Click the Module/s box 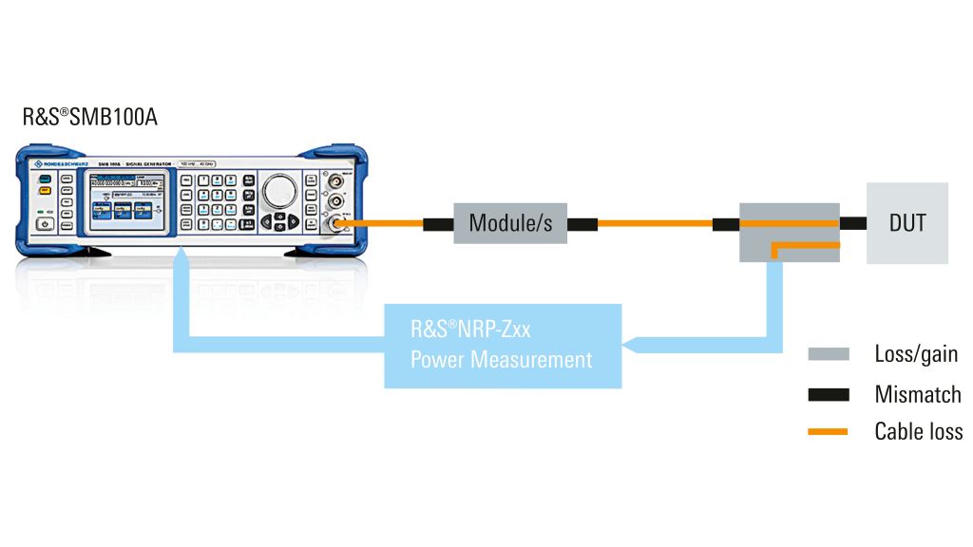510,223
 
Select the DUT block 906,223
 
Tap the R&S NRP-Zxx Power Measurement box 502,346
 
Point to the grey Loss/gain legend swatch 828,354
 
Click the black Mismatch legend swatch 828,394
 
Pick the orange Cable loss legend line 828,432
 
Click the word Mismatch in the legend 917,394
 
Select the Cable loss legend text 918,432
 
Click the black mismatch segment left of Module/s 438,224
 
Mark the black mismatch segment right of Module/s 582,224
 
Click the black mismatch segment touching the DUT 852,223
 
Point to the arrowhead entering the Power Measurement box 630,345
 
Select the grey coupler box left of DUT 790,232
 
